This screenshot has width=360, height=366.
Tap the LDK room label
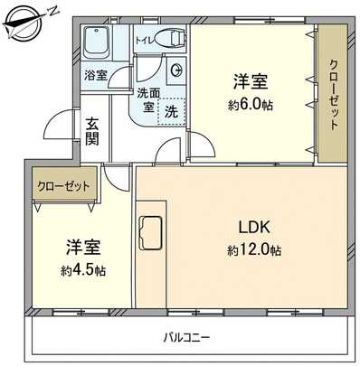pyautogui.click(x=254, y=226)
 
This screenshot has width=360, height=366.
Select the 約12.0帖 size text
pyautogui.click(x=254, y=249)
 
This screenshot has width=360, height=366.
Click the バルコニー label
pyautogui.click(x=186, y=338)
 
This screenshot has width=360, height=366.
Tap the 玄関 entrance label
pyautogui.click(x=93, y=131)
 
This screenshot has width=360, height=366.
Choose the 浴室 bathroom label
pyautogui.click(x=95, y=75)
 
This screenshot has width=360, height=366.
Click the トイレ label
pyautogui.click(x=144, y=41)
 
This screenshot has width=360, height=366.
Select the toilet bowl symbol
pyautogui.click(x=167, y=38)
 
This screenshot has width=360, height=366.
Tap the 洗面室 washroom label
pyautogui.click(x=149, y=99)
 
